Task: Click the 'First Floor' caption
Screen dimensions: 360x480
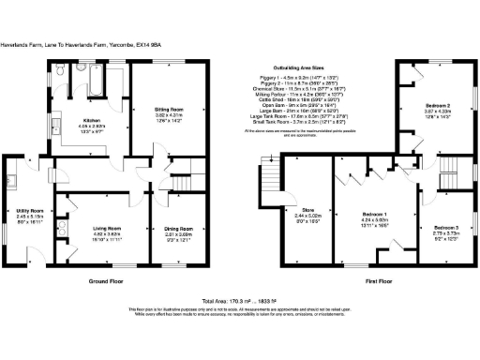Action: click(366, 279)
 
